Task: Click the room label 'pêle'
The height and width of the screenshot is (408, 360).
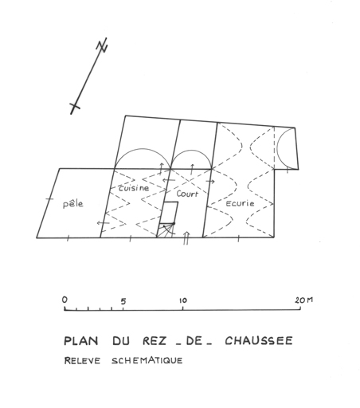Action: [x=73, y=204]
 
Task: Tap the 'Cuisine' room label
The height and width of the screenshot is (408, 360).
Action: [x=134, y=188]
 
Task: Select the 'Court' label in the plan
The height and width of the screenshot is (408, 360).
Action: [x=187, y=194]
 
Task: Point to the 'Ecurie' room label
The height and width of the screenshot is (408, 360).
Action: [x=240, y=203]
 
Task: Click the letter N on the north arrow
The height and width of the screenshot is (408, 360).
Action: [x=102, y=45]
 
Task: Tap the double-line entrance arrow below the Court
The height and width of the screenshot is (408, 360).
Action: [x=186, y=237]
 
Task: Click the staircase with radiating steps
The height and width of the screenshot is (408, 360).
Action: [x=166, y=230]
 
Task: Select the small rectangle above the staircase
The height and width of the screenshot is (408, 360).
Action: [x=169, y=213]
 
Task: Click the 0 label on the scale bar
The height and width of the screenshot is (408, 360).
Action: [x=65, y=300]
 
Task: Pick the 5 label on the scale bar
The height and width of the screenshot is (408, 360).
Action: [x=123, y=301]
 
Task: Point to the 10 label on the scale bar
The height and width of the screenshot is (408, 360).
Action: [x=182, y=300]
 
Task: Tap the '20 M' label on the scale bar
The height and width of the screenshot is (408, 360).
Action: [x=303, y=300]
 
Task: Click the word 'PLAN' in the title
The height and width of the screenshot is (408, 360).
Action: [x=81, y=341]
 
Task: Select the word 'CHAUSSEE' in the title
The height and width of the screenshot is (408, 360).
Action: [x=259, y=340]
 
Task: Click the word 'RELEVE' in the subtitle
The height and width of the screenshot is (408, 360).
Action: [x=82, y=361]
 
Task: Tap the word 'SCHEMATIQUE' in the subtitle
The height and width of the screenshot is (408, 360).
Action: [x=147, y=360]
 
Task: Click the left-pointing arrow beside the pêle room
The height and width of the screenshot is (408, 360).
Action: [x=103, y=222]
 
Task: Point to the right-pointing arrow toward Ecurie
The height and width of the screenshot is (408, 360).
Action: [x=210, y=182]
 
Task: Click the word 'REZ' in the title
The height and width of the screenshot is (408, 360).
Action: [x=155, y=341]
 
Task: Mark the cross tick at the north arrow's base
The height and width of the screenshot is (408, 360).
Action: [x=75, y=106]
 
